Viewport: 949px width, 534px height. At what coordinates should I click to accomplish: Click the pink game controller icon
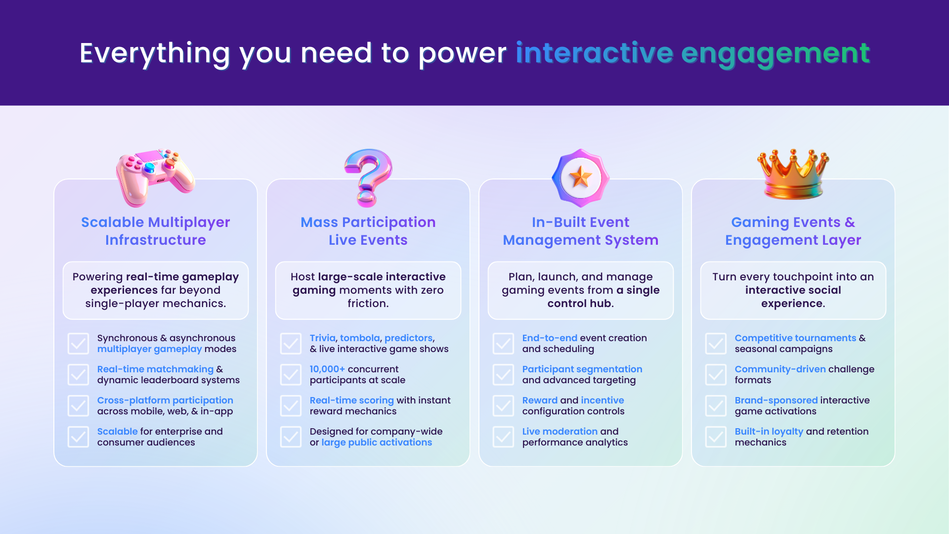click(155, 178)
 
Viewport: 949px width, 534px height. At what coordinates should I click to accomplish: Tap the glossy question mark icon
click(368, 178)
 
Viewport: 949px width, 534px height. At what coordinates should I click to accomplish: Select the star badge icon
click(581, 178)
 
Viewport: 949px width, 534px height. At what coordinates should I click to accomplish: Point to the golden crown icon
click(793, 174)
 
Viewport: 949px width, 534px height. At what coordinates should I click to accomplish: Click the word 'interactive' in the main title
click(594, 53)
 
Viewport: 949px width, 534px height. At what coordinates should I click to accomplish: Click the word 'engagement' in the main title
click(776, 55)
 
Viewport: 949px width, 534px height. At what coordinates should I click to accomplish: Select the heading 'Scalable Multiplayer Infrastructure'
click(156, 231)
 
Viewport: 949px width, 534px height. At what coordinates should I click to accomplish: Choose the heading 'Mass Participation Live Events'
click(368, 231)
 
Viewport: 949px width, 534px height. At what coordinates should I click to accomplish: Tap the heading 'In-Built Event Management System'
click(581, 231)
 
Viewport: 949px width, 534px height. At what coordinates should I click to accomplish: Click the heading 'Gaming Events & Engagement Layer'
click(793, 231)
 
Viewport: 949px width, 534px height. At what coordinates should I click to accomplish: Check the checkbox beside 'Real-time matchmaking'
click(78, 375)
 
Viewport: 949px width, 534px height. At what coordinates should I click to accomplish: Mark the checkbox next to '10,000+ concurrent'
click(291, 375)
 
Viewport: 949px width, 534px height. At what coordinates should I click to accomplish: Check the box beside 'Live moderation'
click(503, 437)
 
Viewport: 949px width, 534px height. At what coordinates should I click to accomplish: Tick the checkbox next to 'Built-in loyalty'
click(716, 437)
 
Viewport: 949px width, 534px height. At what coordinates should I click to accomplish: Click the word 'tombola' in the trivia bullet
click(360, 338)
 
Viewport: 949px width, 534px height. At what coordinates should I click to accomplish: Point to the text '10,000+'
click(327, 369)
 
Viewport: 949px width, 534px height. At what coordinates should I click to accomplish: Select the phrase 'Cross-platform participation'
click(165, 400)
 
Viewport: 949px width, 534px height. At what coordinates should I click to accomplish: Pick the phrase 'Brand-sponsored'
click(776, 400)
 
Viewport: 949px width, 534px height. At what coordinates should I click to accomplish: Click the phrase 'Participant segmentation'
click(582, 369)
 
